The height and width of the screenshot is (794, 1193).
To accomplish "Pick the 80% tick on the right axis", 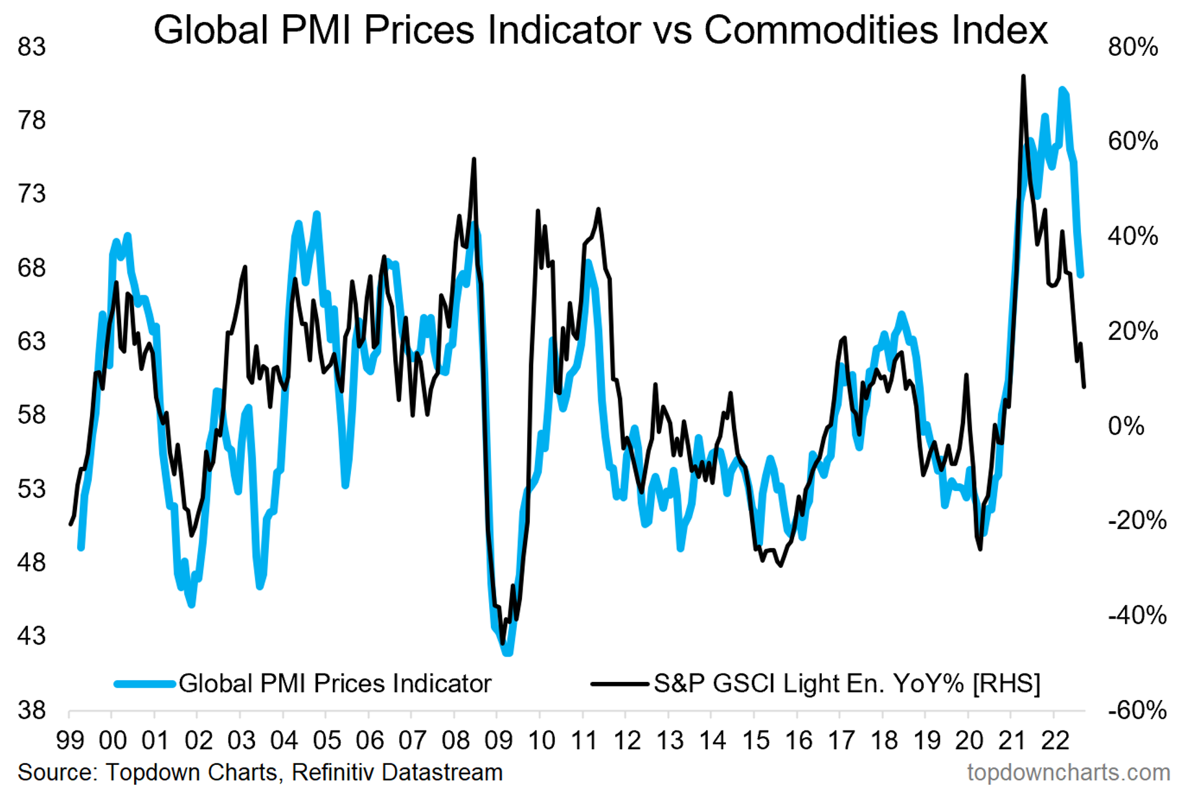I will (x=1133, y=47).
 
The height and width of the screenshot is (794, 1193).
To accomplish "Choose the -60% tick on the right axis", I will (x=1137, y=710).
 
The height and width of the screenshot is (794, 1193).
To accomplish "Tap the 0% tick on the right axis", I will (x=1126, y=426).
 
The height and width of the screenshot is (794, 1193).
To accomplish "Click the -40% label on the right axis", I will (x=1137, y=615).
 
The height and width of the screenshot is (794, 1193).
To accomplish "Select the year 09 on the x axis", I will (x=498, y=740).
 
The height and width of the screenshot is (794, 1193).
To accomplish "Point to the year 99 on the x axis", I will (x=70, y=740).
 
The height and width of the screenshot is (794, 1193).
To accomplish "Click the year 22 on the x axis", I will (x=1054, y=740).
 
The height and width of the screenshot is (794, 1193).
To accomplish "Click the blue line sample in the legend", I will (x=144, y=684).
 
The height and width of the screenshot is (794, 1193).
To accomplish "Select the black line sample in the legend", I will (x=619, y=684).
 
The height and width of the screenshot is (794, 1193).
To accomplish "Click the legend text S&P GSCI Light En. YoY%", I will (x=810, y=684).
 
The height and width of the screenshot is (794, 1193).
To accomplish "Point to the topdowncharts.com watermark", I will (x=1069, y=773).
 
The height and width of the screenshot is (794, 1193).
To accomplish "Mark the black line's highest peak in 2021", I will (x=1023, y=76).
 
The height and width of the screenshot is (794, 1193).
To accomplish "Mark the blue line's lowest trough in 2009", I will (x=507, y=653).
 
